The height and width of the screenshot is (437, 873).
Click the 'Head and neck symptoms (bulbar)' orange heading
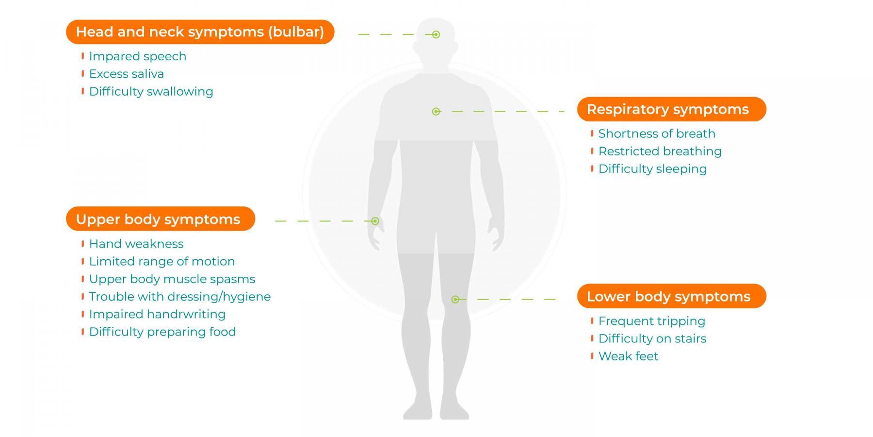click(200, 32)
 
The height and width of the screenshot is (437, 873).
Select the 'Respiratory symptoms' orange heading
click(671, 109)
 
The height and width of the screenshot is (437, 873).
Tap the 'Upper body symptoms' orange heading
click(160, 219)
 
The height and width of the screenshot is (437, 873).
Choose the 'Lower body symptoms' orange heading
click(671, 296)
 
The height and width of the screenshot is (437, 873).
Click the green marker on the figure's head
click(436, 34)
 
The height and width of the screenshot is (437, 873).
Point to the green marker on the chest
click(436, 112)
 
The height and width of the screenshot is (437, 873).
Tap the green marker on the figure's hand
click(375, 221)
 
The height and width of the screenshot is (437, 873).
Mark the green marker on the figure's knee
click(455, 300)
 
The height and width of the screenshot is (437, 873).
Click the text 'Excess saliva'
click(127, 74)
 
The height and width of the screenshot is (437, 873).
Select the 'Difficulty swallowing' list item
click(151, 91)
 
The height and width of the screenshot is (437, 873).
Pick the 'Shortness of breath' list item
click(657, 134)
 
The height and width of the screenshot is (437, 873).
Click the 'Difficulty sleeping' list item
click(652, 168)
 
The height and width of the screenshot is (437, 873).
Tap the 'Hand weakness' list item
click(136, 244)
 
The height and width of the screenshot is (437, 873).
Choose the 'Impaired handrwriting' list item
click(157, 314)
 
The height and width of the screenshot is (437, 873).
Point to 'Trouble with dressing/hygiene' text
click(179, 297)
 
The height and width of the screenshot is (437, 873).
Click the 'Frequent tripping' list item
click(651, 321)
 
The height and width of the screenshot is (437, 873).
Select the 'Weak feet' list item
click(628, 356)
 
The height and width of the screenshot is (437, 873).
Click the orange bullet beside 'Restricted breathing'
click(592, 151)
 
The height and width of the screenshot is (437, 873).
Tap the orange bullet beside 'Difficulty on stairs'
click(592, 338)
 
